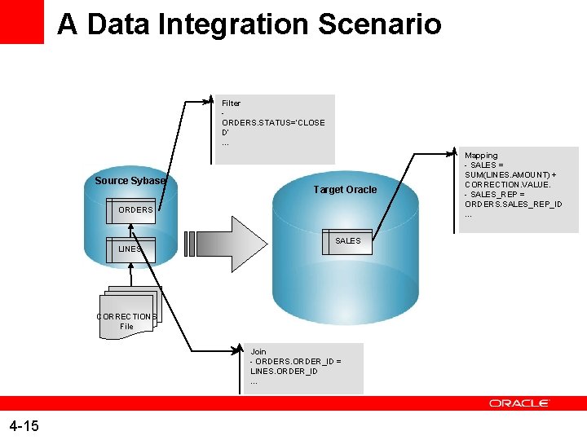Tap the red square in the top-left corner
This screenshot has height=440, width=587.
click(21, 21)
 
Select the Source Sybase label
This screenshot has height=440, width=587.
click(130, 180)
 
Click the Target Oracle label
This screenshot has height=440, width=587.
click(345, 190)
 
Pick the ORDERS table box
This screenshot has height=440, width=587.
click(135, 210)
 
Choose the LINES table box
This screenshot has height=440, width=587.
click(130, 249)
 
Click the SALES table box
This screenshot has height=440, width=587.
click(348, 240)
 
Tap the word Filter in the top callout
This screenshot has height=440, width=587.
click(231, 103)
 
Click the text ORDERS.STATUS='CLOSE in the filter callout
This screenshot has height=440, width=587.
click(272, 123)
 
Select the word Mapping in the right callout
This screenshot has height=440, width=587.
click(481, 156)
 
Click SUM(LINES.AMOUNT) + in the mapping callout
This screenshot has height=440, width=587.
click(510, 175)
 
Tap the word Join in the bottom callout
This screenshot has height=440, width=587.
click(258, 352)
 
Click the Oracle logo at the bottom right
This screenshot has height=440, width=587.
click(519, 403)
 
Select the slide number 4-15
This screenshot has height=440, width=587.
click(24, 425)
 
